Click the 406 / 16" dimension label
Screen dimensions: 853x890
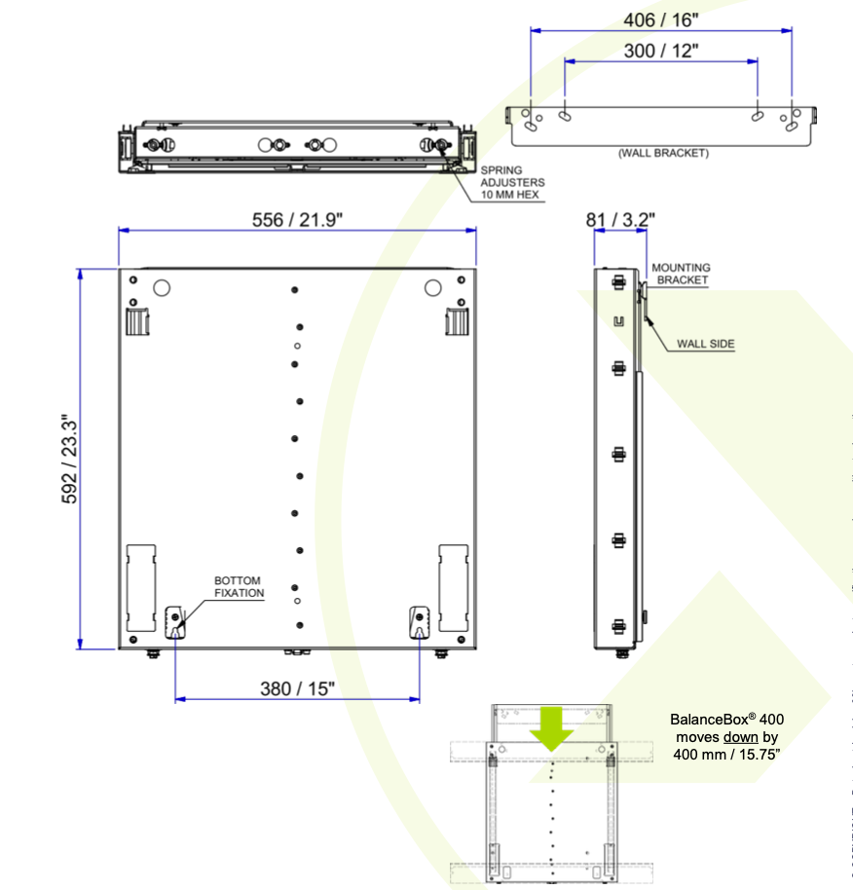point(660,19)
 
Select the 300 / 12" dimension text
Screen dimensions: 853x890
point(660,51)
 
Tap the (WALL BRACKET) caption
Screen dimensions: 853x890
point(663,153)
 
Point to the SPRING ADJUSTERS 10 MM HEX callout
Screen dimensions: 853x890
point(512,182)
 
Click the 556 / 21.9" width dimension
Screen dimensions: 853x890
point(297,220)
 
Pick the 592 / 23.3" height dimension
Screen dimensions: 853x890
point(69,459)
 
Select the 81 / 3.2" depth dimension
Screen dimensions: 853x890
point(620,219)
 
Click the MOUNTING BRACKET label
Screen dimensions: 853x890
point(681,274)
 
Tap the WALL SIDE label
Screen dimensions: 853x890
point(705,344)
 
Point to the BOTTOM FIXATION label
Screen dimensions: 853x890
point(239,586)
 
